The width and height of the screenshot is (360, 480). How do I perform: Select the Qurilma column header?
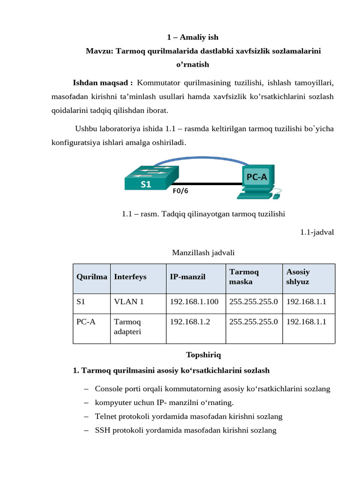(x=92, y=277)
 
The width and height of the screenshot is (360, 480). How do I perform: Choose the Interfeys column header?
(x=130, y=277)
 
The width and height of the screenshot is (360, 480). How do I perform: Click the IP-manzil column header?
(x=187, y=277)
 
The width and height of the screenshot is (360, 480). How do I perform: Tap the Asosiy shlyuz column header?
(x=298, y=277)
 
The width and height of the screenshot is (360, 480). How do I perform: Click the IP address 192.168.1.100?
(x=194, y=301)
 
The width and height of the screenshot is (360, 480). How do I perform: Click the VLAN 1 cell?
(x=129, y=301)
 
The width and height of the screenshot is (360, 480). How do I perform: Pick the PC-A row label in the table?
(x=86, y=322)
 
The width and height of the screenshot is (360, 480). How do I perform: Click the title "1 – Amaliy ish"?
(x=193, y=37)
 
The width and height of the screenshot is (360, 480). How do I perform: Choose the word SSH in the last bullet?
(x=103, y=429)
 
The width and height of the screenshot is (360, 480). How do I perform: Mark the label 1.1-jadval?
(x=317, y=232)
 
